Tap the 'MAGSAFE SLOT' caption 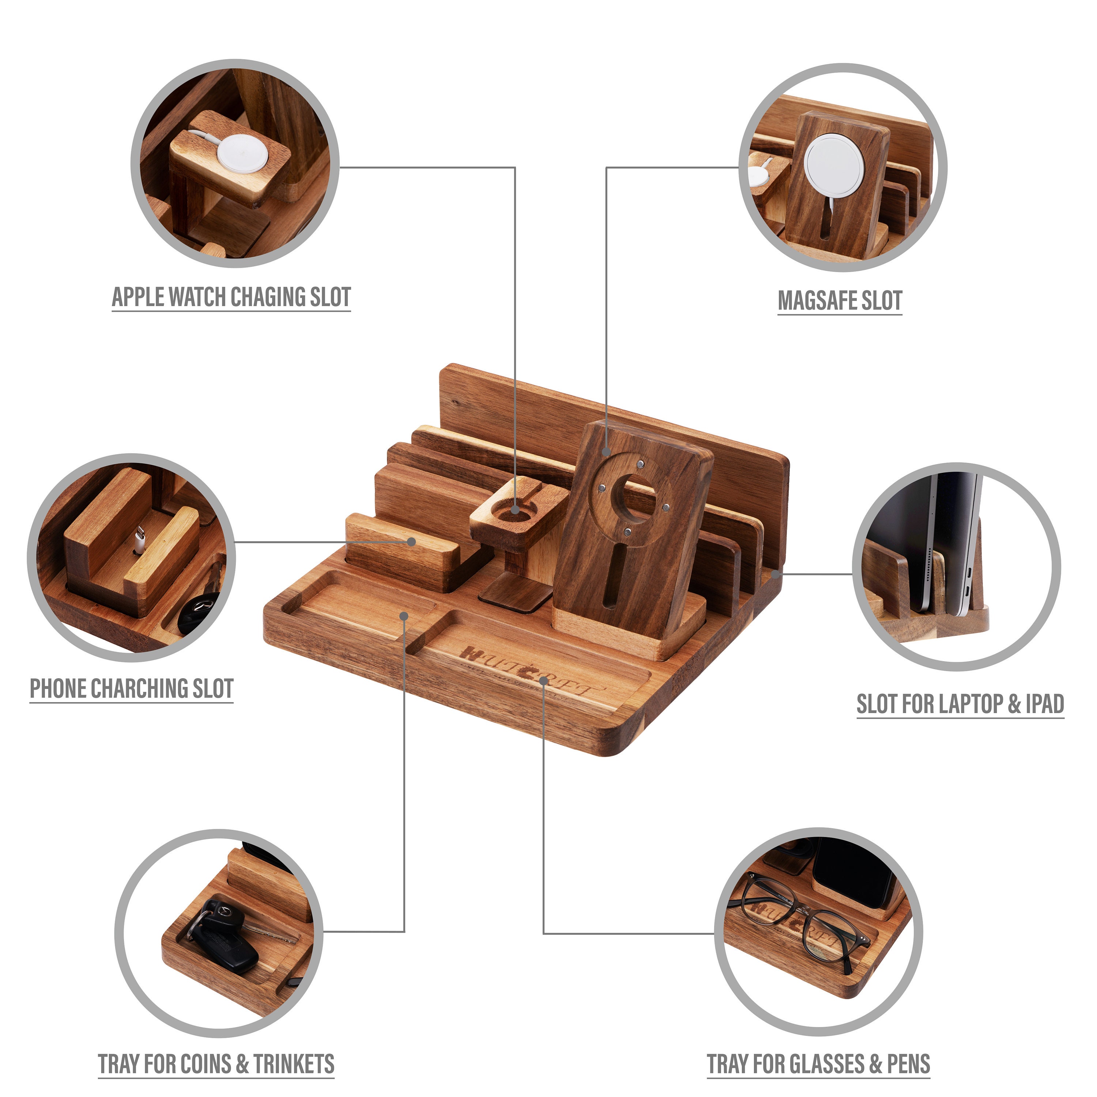pos(840,300)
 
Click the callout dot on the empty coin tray pos(404,615)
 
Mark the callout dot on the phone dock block pos(412,542)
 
